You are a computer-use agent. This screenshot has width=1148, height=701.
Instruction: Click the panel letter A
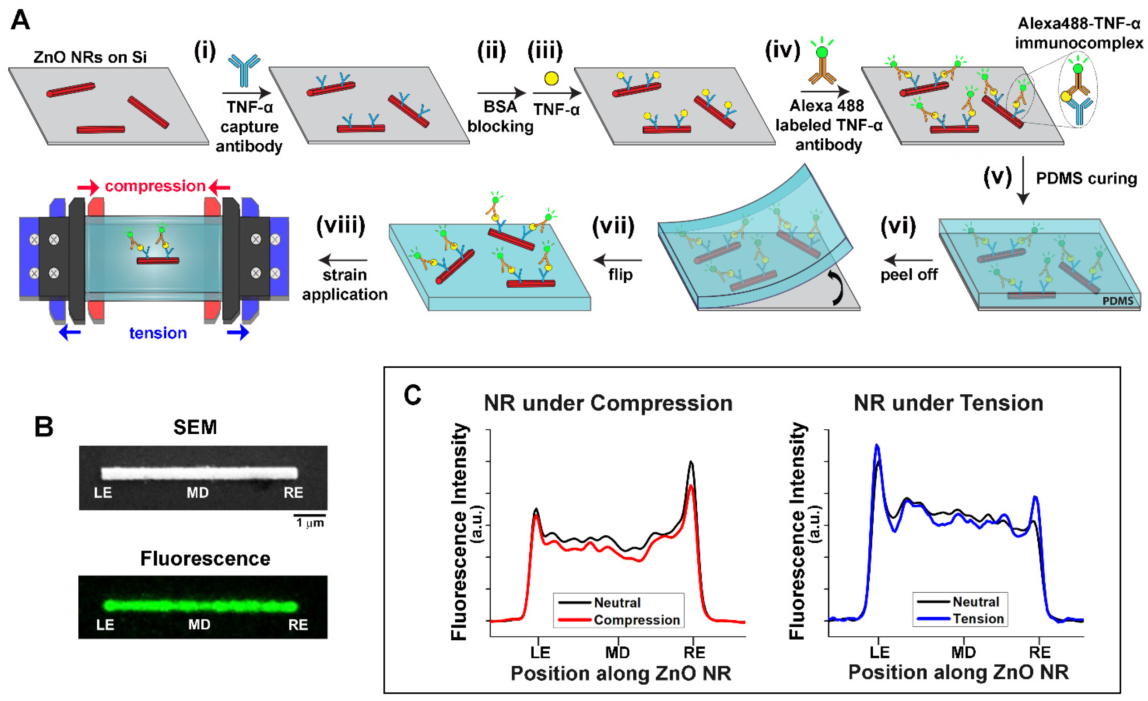(x=20, y=21)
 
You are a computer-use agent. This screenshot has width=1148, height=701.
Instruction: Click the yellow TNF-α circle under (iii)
(x=551, y=78)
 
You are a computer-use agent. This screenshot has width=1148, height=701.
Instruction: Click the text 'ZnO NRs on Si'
(x=90, y=57)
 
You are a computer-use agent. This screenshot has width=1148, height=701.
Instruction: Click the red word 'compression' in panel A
(x=155, y=186)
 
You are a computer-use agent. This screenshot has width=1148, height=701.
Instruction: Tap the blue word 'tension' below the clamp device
(x=158, y=333)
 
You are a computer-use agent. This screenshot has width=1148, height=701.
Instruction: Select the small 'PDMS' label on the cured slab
(x=1117, y=301)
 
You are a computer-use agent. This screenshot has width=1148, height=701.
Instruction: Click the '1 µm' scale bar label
(x=310, y=523)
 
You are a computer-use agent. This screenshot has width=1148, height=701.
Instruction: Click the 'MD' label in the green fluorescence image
(x=199, y=625)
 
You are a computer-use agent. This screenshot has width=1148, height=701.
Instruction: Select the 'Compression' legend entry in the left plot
(x=637, y=620)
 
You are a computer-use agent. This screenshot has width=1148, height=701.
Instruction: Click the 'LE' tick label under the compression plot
(x=540, y=652)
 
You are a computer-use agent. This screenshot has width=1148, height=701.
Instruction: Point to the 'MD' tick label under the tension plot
(x=963, y=652)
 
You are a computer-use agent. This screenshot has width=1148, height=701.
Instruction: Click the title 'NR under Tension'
(x=948, y=403)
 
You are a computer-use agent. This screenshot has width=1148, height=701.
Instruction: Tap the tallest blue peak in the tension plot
(x=877, y=446)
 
